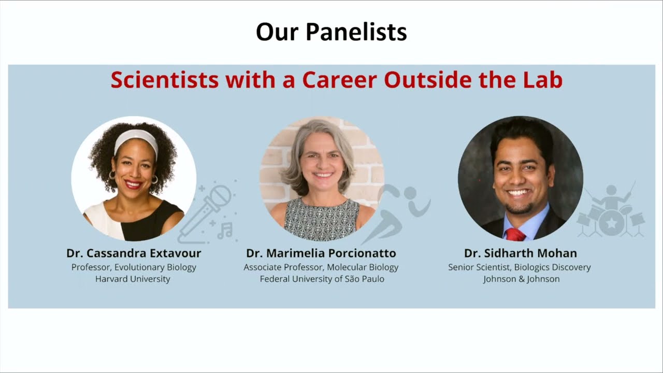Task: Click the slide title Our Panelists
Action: (331, 32)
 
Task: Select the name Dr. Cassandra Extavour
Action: (134, 253)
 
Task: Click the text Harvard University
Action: (133, 279)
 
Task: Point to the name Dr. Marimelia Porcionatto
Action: (321, 253)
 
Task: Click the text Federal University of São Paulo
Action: (322, 279)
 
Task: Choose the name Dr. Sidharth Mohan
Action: (520, 253)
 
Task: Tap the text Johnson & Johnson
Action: (521, 279)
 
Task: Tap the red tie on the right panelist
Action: (515, 235)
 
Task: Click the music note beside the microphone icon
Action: (225, 230)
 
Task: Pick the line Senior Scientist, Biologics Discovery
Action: (520, 267)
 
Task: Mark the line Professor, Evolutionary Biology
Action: (134, 267)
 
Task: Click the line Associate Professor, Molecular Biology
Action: (321, 267)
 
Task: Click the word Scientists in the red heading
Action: (164, 80)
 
